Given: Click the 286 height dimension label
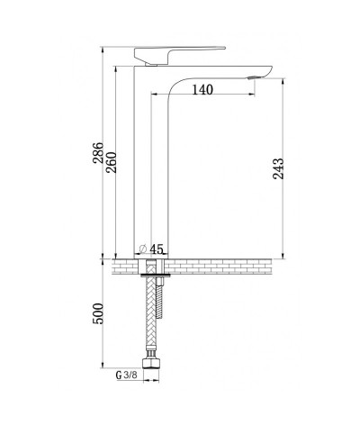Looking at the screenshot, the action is tap(98, 153).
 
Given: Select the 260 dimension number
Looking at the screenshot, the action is tap(112, 163).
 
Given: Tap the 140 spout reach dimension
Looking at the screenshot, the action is tap(202, 89).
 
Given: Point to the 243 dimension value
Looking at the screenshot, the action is tap(278, 168).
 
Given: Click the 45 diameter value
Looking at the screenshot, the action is tap(157, 249).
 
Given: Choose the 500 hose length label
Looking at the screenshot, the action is tap(98, 313).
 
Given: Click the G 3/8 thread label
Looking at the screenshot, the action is tap(126, 375).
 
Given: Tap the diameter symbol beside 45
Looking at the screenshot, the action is tap(143, 249).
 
